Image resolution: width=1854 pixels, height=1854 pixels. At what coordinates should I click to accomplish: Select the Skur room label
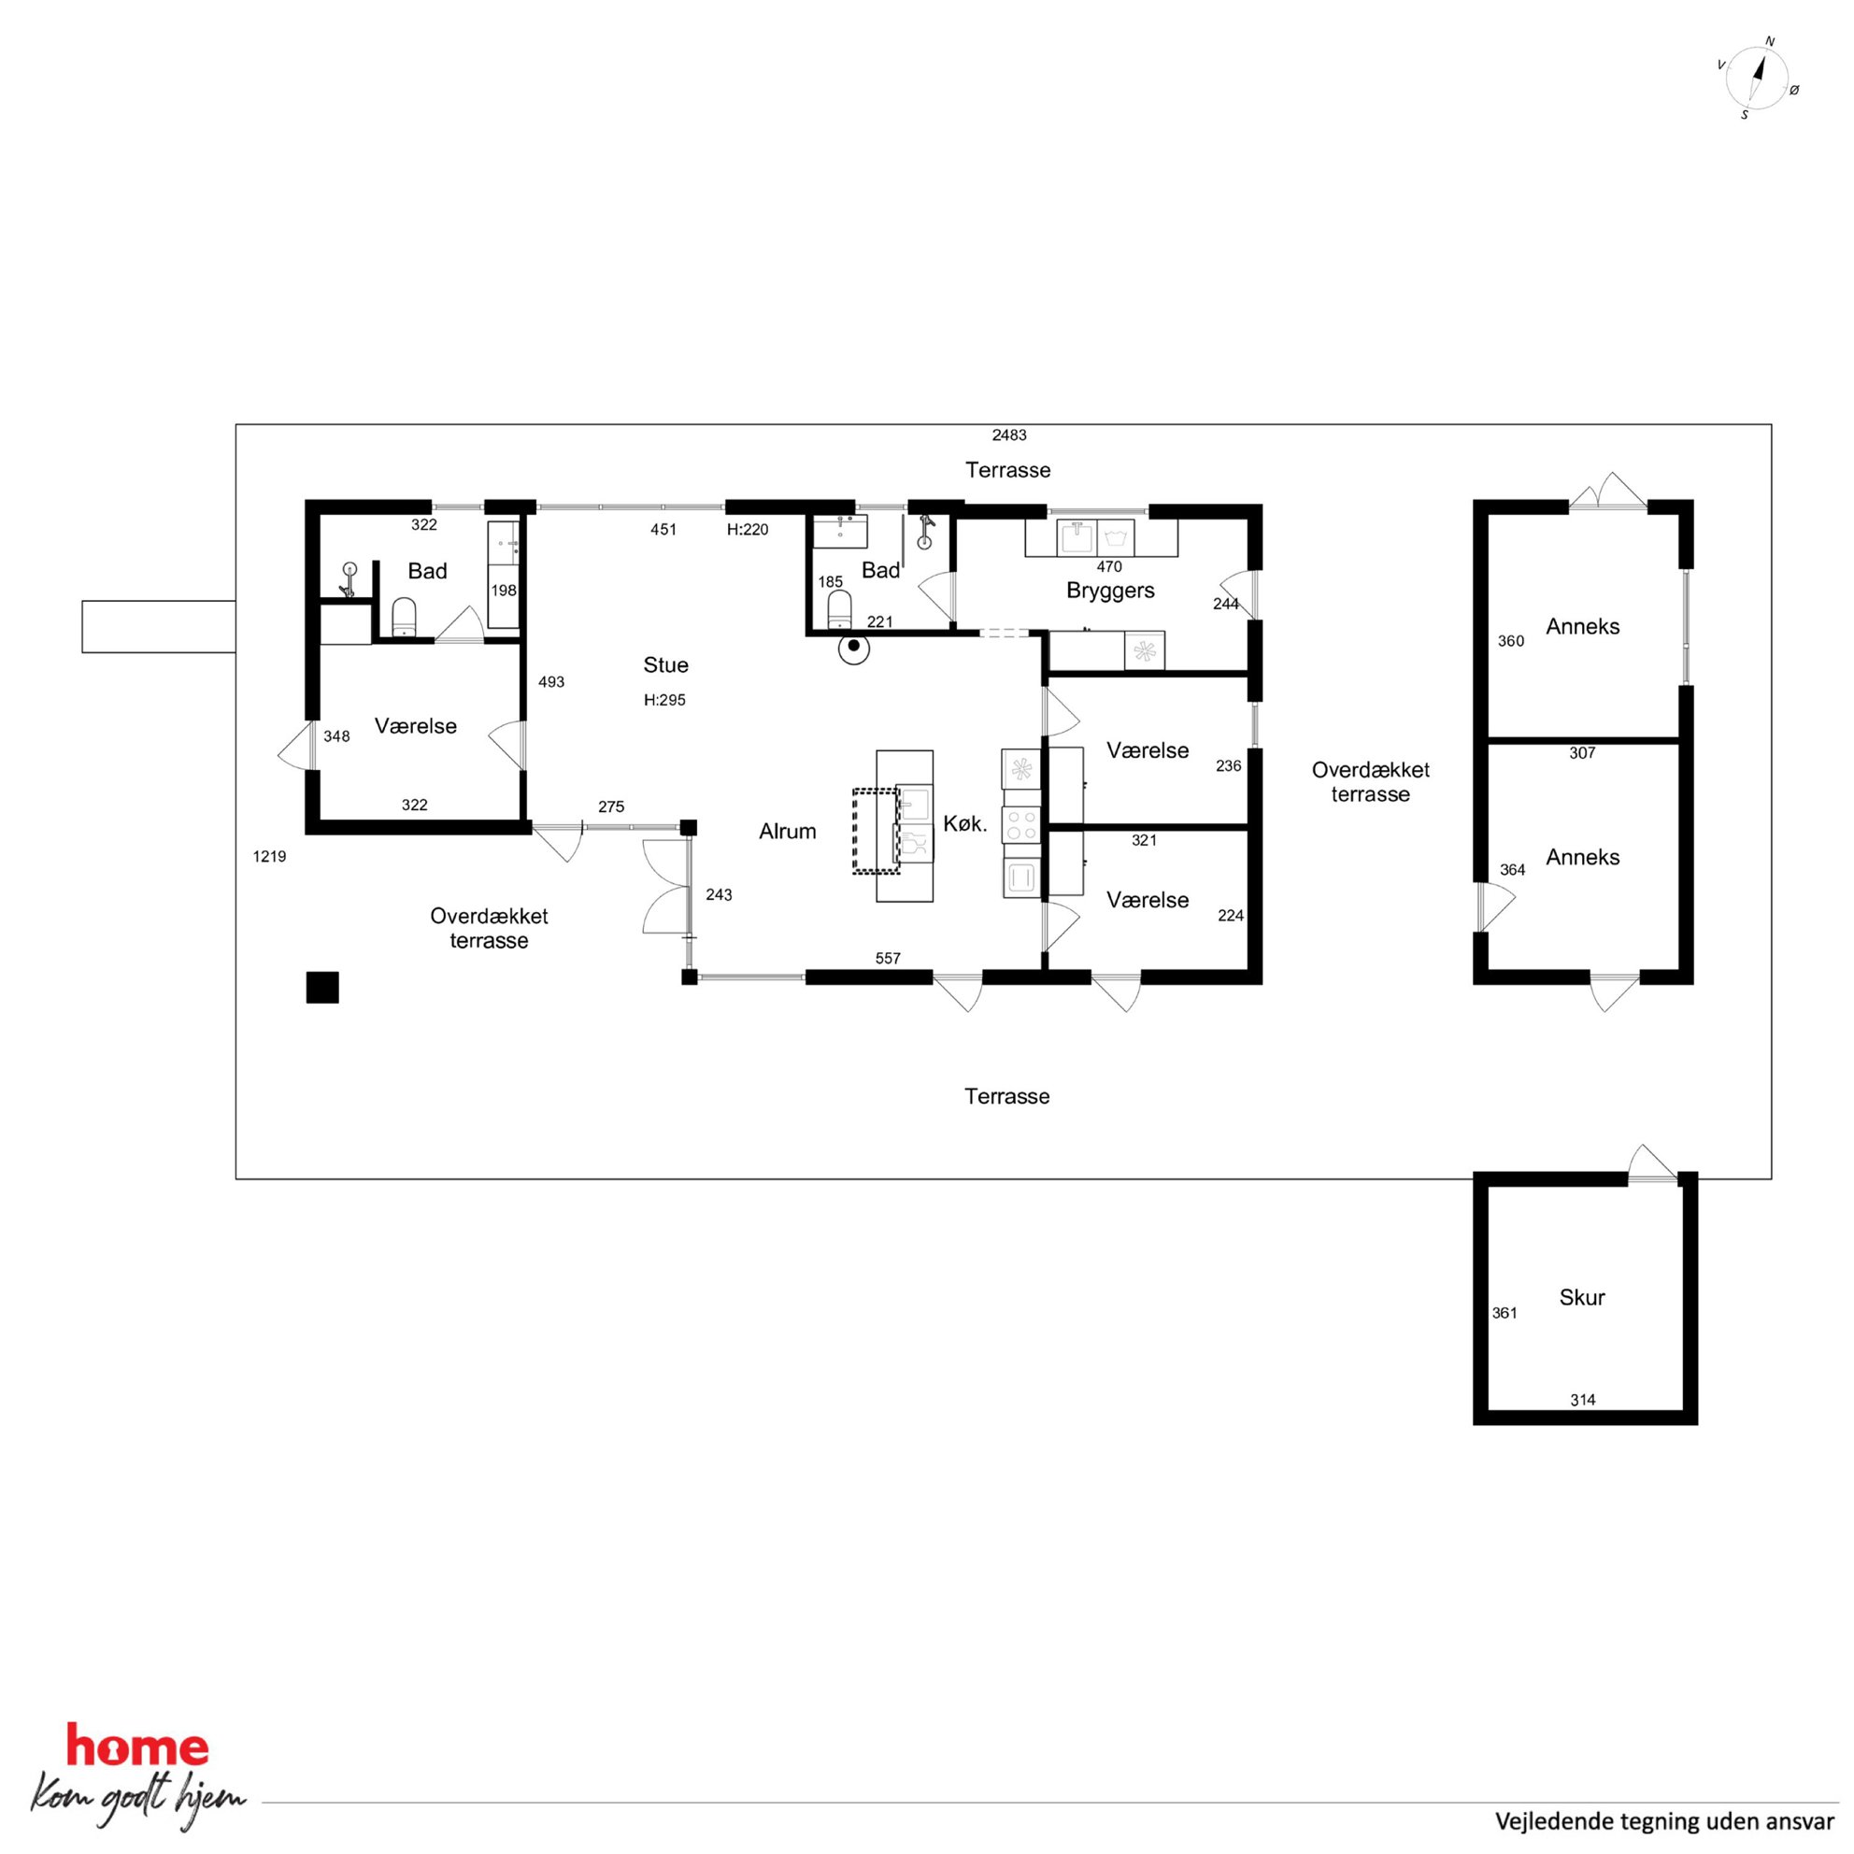(x=1581, y=1297)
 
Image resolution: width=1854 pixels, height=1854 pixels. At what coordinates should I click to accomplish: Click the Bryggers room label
(x=1110, y=591)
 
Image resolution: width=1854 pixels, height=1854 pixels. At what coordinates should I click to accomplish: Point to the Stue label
(x=666, y=665)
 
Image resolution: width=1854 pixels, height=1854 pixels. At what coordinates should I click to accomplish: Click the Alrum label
(x=788, y=831)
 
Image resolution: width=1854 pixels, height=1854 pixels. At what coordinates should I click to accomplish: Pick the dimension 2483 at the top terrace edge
(x=1009, y=435)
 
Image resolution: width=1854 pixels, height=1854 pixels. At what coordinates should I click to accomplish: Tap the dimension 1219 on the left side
(x=270, y=856)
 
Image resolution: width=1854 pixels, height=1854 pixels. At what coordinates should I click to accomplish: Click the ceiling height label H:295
(x=665, y=700)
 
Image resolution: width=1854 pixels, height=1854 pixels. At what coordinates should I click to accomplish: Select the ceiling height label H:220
(x=748, y=529)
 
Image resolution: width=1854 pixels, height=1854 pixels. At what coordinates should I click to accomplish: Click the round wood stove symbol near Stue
(x=854, y=648)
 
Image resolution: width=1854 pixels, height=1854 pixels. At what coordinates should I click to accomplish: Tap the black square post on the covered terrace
(x=322, y=988)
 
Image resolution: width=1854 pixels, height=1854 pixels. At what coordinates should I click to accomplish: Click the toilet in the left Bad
(x=405, y=617)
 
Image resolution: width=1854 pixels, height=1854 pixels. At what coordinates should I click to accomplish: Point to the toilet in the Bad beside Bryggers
(x=840, y=609)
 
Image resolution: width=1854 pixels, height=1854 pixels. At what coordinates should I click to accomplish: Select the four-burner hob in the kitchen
(x=1021, y=823)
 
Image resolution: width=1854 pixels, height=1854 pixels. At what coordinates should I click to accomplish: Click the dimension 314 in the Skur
(x=1582, y=1400)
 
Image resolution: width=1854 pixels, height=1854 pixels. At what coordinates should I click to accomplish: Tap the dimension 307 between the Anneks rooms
(x=1582, y=753)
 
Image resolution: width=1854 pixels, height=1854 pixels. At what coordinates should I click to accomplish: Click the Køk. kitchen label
(x=965, y=823)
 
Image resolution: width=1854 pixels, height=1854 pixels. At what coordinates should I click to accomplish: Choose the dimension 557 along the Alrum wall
(x=888, y=958)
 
